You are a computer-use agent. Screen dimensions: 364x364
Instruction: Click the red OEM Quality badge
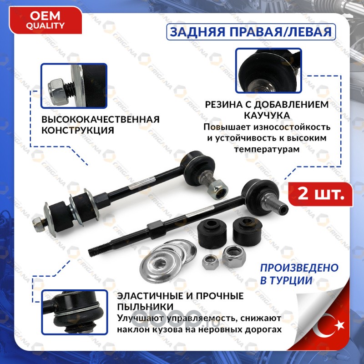[45, 20]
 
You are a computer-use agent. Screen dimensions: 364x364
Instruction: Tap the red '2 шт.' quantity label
[321, 194]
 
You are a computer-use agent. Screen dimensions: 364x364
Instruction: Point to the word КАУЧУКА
[267, 116]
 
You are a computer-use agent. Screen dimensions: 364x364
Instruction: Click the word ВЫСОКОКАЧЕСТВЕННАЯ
[101, 119]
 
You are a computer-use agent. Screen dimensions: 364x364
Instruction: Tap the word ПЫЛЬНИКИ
[145, 307]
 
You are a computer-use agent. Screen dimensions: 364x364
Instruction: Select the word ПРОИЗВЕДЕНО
[299, 268]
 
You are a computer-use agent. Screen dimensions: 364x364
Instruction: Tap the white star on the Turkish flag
[339, 325]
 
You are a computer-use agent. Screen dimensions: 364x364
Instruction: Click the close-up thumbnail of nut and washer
[74, 86]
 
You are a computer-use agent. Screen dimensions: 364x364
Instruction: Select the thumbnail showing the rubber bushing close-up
[268, 71]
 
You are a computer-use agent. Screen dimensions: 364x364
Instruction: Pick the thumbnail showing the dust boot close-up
[75, 312]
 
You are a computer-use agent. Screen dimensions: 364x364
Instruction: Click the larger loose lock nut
[233, 257]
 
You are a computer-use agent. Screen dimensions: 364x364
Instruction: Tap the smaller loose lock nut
[210, 262]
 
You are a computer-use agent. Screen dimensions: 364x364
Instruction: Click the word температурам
[267, 149]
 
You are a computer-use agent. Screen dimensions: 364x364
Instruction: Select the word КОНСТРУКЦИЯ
[78, 130]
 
